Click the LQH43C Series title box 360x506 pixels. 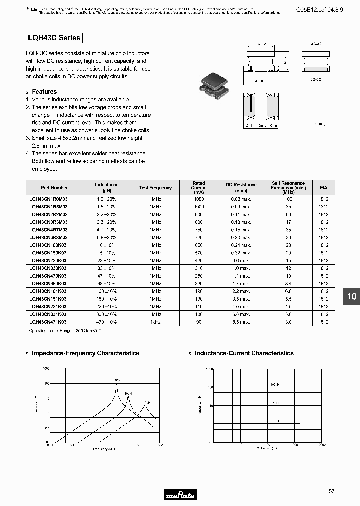tap(53, 38)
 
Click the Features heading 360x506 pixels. tap(44, 92)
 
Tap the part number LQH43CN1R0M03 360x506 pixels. tap(48, 199)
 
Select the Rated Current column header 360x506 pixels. tap(199, 188)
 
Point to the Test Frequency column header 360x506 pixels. tap(155, 188)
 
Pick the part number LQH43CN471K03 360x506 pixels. tap(48, 322)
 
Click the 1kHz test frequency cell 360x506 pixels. tap(155, 322)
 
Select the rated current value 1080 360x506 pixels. tap(199, 199)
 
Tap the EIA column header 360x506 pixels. tap(323, 188)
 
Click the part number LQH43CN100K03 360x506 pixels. tap(48, 245)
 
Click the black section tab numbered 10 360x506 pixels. tap(352, 296)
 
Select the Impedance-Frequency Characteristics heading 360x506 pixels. tap(85, 353)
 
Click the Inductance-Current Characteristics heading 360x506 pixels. tap(244, 353)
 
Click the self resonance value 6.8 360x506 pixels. tap(288, 291)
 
